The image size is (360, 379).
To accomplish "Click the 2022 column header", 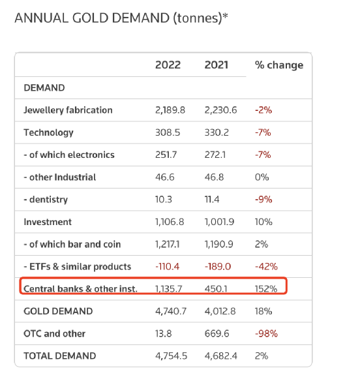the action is [x=168, y=65].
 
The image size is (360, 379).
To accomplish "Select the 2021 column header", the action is [x=217, y=65].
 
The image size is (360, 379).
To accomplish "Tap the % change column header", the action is [x=279, y=65].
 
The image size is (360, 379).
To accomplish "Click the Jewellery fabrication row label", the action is [x=68, y=110].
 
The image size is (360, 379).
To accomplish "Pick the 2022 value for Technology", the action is [x=168, y=132].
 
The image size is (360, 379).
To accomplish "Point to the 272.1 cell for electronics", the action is [x=215, y=155].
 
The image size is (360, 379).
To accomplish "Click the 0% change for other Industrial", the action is [x=262, y=177].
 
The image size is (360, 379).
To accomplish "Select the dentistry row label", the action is [x=46, y=200].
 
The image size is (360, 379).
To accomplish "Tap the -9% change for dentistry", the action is [x=263, y=200].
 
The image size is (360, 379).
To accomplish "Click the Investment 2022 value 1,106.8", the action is [x=170, y=222].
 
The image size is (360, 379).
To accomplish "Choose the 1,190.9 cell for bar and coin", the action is [x=219, y=245].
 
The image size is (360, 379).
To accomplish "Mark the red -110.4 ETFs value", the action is [x=168, y=267].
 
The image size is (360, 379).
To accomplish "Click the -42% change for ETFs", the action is [x=266, y=267].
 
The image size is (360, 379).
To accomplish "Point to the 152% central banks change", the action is [x=266, y=289].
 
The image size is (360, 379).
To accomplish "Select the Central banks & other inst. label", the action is [x=80, y=289].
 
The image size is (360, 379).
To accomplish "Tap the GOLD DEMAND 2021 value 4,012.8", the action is [x=220, y=311].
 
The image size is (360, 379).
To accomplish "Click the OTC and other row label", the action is [x=54, y=334].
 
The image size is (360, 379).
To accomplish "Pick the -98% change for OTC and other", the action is [x=266, y=334].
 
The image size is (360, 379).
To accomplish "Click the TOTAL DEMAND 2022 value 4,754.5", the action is [x=172, y=356].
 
